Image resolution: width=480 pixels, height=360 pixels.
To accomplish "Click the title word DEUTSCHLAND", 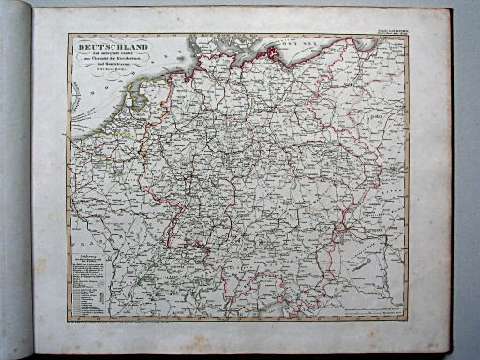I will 112,45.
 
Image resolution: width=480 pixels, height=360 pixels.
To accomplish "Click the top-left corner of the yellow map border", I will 68,35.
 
